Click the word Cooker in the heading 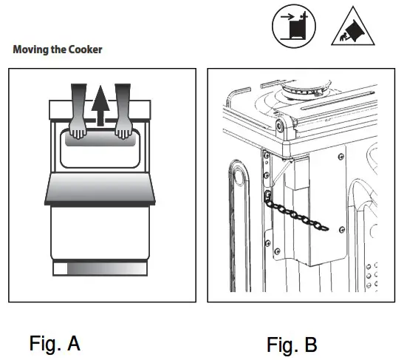pyautogui.click(x=83, y=50)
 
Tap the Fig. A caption pyautogui.click(x=55, y=344)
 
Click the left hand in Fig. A pyautogui.click(x=80, y=111)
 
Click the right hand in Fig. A pyautogui.click(x=123, y=111)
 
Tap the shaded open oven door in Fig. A pyautogui.click(x=101, y=190)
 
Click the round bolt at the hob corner pyautogui.click(x=280, y=126)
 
